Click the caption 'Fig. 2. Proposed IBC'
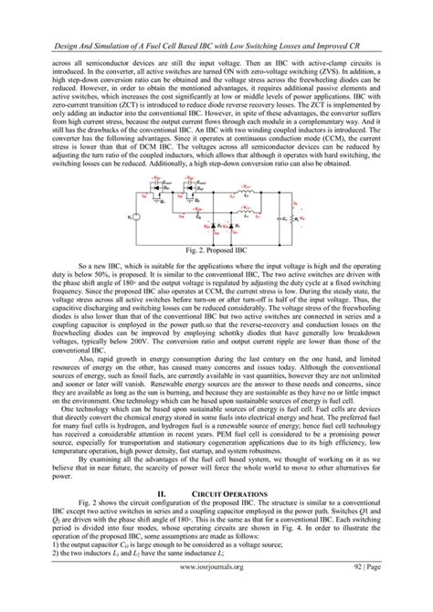pos(216,248)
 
